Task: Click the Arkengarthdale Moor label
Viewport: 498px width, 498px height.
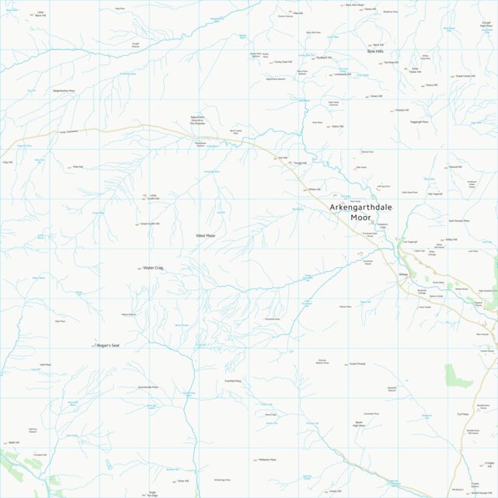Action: tap(361, 212)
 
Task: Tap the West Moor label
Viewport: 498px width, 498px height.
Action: tap(206, 235)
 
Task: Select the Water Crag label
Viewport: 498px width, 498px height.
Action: tap(153, 268)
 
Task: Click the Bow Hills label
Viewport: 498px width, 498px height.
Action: tap(376, 51)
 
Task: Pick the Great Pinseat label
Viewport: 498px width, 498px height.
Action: tap(357, 364)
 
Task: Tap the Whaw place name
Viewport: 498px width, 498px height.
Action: tap(402, 274)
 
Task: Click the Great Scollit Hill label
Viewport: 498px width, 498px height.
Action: tap(149, 224)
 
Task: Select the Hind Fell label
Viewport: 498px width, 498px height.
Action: tap(78, 166)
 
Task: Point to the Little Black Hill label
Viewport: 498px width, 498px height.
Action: tap(40, 14)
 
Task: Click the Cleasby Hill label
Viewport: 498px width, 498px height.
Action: tap(401, 110)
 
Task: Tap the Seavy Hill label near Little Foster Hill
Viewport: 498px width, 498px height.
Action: tap(431, 85)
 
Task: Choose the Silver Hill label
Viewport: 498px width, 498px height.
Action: tap(183, 481)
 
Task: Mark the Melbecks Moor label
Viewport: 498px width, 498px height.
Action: tap(266, 459)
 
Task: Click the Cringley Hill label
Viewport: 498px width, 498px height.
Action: tap(489, 464)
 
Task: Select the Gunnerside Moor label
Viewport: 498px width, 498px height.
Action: tap(148, 387)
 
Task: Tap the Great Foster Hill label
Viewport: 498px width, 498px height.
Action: tap(465, 76)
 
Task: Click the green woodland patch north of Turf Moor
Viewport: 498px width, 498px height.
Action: tap(458, 374)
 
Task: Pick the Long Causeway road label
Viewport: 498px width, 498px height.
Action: tap(69, 132)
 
